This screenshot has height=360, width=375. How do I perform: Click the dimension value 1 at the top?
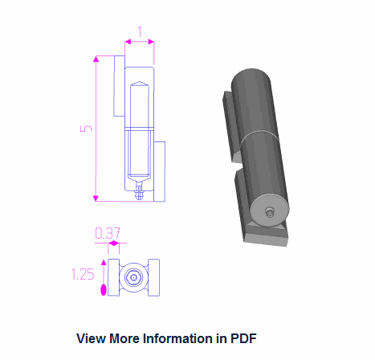pos(140,32)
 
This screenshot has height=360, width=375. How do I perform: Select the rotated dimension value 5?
pos(86,129)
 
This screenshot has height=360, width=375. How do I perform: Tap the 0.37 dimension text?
pos(108,233)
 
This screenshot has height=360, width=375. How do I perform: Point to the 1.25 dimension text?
pos(83,274)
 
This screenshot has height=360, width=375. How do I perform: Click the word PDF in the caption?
pos(243,338)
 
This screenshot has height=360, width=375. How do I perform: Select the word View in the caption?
pos(92,338)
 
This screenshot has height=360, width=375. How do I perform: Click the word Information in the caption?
pos(175,338)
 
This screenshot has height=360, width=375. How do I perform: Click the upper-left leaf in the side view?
pos(118,88)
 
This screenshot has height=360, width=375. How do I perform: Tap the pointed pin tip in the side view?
pos(140,84)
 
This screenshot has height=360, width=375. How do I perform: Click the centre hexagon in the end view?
pos(134,278)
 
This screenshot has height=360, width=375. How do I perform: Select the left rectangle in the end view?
pos(112,278)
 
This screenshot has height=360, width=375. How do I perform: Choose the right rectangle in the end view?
pos(156,278)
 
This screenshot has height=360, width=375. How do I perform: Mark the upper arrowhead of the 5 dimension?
pos(96,59)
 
